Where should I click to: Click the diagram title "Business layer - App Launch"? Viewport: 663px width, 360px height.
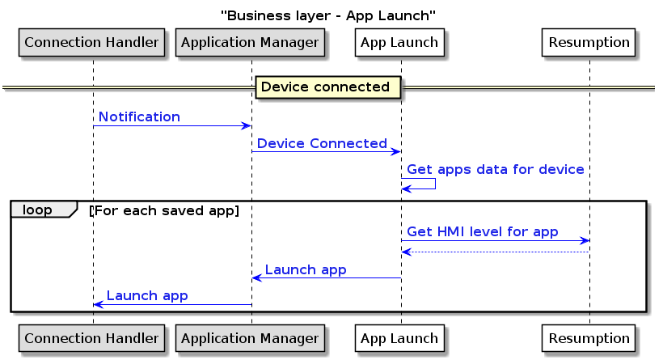[328, 16]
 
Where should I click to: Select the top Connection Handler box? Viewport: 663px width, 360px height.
[91, 42]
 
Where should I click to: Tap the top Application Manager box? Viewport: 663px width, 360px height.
[250, 42]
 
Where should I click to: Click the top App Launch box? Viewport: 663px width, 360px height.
[399, 42]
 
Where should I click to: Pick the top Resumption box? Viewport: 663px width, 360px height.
[589, 42]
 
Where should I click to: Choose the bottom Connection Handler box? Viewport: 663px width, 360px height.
[91, 338]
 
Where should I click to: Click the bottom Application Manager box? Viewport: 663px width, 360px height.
[250, 338]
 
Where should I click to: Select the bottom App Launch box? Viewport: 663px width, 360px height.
[399, 338]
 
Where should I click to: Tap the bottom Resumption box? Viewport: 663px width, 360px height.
[589, 338]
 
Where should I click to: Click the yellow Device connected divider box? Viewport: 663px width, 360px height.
[327, 87]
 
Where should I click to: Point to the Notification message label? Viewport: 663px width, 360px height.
[140, 116]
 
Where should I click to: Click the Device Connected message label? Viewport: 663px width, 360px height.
[322, 143]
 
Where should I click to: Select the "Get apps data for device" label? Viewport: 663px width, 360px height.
[495, 170]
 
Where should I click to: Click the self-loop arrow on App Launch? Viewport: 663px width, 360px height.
[435, 184]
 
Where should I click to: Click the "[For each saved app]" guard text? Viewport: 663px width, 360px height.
[164, 210]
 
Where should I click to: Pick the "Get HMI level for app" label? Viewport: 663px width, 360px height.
[483, 232]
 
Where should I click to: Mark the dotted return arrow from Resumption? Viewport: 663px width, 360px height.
[496, 252]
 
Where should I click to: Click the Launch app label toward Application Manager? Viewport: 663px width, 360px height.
[306, 270]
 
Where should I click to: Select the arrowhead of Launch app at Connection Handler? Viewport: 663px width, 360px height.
[98, 304]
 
